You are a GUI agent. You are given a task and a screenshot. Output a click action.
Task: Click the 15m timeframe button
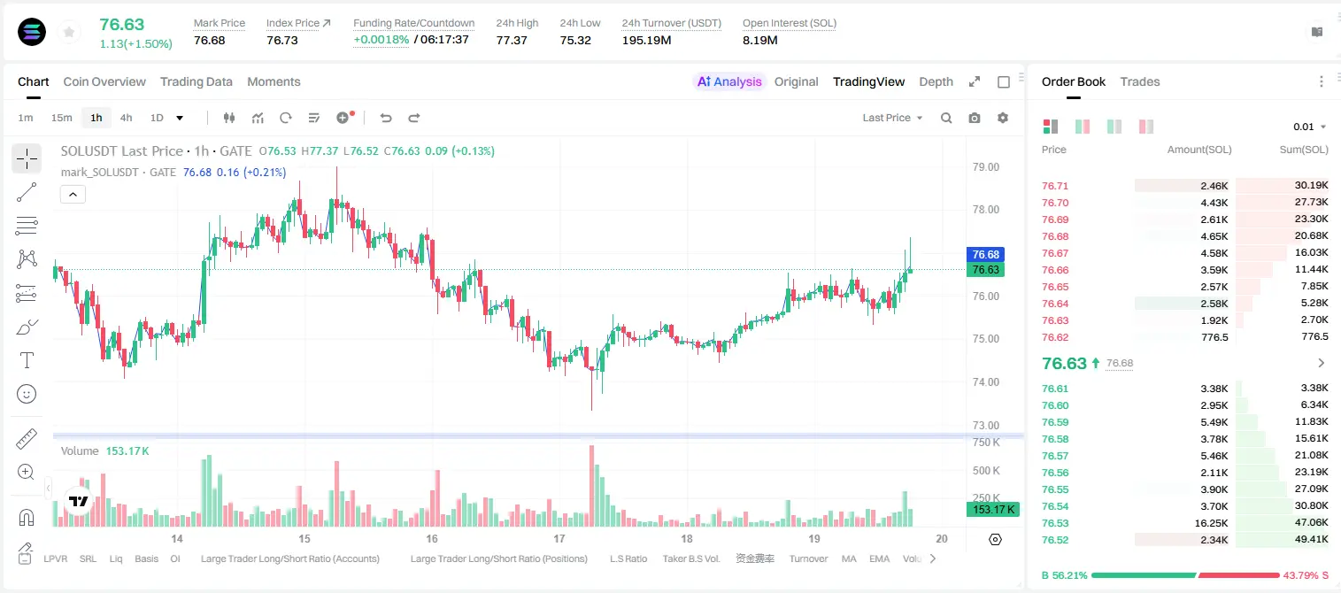click(x=61, y=118)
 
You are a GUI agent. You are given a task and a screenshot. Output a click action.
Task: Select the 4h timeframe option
click(x=126, y=118)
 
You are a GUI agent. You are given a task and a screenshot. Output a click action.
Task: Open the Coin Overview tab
click(x=104, y=81)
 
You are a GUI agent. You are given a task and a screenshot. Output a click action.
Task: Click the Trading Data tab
click(x=196, y=81)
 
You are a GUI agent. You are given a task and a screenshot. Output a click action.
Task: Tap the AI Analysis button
click(x=729, y=81)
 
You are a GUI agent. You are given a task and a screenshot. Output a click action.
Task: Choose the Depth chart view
click(x=936, y=81)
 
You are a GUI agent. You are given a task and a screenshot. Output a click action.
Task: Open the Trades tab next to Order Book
click(x=1139, y=81)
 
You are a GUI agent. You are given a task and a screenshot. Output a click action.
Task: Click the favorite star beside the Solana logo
click(x=69, y=32)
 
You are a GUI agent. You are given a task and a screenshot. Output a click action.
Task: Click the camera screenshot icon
click(x=975, y=118)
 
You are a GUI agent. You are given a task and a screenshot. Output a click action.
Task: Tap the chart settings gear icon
click(x=1003, y=118)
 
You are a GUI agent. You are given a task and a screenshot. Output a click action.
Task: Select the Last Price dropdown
click(x=892, y=118)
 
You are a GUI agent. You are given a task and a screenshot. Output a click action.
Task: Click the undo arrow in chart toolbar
click(x=386, y=118)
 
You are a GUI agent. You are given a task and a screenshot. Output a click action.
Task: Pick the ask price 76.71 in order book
click(x=1055, y=186)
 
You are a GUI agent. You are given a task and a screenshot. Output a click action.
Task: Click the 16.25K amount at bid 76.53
click(x=1211, y=523)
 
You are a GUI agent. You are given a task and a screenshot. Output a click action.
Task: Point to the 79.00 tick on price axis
click(x=985, y=167)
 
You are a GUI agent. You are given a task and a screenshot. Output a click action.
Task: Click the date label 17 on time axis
click(x=559, y=538)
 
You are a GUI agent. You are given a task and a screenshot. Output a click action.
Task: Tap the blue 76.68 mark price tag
click(x=985, y=254)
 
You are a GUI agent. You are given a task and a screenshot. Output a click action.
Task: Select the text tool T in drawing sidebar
click(x=27, y=360)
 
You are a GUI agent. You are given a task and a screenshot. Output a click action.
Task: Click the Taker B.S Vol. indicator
click(x=690, y=558)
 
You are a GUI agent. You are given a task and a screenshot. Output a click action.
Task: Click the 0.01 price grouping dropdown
click(x=1309, y=127)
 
